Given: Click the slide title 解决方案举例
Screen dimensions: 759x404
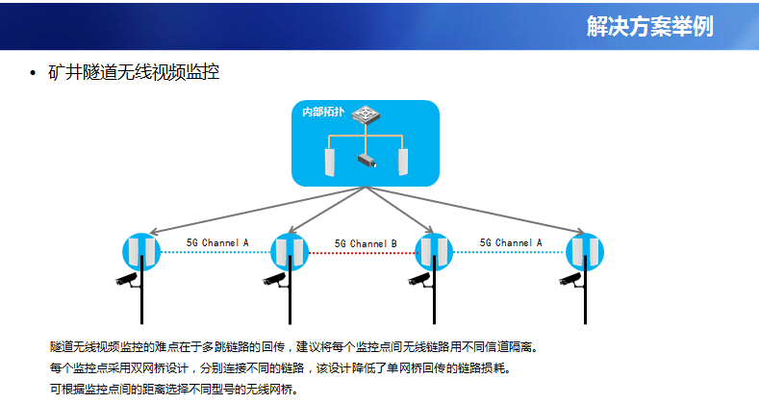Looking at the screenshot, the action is (650, 26).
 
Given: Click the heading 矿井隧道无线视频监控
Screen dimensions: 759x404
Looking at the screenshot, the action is (134, 72).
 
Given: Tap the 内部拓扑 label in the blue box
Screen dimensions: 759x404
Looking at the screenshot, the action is (323, 113).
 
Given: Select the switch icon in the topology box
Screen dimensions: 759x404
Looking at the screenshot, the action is (366, 115).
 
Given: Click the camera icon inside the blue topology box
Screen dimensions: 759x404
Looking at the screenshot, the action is (367, 161).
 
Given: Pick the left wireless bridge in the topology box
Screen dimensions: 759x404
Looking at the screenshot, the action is (330, 163).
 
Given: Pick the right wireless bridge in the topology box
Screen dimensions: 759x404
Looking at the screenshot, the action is (403, 163).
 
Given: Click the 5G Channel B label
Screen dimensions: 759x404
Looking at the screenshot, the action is (366, 244).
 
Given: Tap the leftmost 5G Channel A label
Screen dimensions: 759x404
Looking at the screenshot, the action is (217, 243).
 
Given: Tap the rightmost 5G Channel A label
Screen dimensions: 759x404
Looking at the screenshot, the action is (511, 243).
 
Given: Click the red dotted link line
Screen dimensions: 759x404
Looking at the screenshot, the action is (362, 253).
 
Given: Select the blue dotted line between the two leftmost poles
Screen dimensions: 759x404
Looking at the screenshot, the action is (215, 252).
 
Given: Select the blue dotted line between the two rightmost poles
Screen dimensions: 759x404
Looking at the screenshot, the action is (510, 252).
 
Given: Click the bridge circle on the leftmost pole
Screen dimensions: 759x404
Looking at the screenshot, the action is (141, 252).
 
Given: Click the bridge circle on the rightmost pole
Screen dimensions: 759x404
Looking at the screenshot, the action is (585, 252).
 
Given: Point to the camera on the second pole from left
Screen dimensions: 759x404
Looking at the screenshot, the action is (275, 280).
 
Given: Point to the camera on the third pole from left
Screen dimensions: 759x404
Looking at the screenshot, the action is (420, 280).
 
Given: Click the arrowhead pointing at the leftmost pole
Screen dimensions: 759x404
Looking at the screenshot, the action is (153, 232).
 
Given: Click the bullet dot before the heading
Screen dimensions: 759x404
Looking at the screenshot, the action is (33, 73).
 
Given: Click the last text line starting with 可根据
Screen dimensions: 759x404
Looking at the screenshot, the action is (174, 389).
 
